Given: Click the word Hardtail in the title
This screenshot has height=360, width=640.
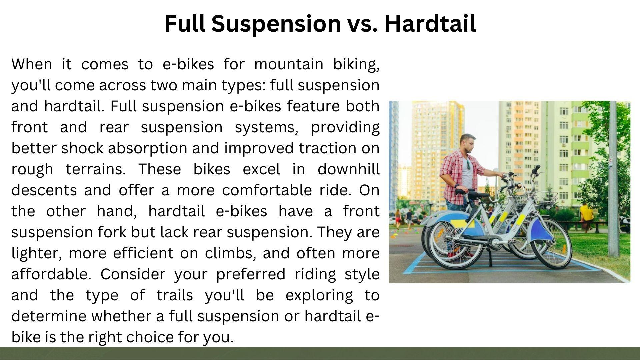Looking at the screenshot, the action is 430,24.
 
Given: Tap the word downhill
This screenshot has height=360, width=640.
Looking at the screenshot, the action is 348,169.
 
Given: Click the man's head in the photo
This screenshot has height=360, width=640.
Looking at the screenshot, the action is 468,143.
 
